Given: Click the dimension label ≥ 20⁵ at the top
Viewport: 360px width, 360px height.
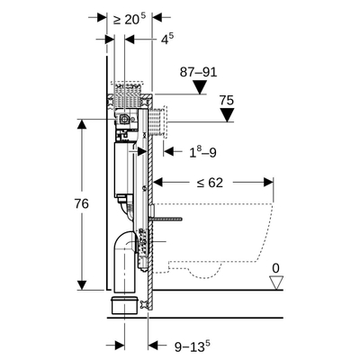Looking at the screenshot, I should coord(130,18).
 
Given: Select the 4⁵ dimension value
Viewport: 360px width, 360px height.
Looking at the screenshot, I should coord(168,39).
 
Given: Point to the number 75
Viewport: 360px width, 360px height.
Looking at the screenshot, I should coord(226,101).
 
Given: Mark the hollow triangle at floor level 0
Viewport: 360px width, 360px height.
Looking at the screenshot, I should coord(277,283).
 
